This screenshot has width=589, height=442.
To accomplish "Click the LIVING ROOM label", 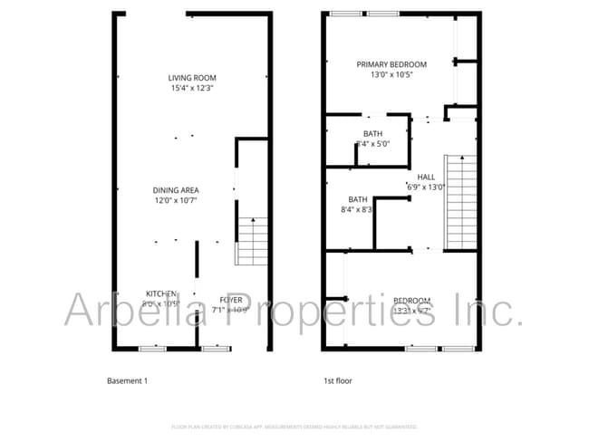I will click(x=192, y=78).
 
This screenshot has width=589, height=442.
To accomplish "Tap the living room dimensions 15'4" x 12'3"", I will click(x=192, y=88).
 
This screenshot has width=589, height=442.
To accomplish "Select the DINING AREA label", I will click(x=176, y=190).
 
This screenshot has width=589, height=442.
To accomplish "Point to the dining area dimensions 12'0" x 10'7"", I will click(x=176, y=200).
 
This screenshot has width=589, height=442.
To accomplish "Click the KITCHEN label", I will click(x=161, y=293).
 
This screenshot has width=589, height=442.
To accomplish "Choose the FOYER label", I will click(x=230, y=300).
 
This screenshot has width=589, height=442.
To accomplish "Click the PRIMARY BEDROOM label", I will click(x=391, y=64).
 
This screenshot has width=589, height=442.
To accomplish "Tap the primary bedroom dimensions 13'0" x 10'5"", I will click(x=391, y=75).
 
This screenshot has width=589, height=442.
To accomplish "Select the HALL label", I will click(x=426, y=178).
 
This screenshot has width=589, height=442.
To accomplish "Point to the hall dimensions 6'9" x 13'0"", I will click(x=426, y=187).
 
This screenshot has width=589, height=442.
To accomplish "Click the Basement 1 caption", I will click(x=127, y=381).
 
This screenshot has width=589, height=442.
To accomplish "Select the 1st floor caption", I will click(x=338, y=381).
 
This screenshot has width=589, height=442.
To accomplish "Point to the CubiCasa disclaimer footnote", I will click(x=294, y=427).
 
